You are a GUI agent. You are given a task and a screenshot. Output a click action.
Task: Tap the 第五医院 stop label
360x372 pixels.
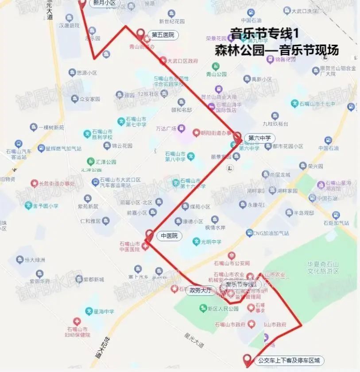163,35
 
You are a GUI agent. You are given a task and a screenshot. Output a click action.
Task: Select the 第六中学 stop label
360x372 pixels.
259,138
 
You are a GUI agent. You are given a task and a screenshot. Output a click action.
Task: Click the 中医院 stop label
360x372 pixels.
169,236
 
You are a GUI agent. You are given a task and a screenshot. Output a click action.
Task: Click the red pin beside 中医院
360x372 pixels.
150,235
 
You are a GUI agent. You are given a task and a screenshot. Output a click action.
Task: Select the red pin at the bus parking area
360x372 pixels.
247,360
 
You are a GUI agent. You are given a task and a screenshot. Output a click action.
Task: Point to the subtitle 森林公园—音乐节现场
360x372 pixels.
277,50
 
